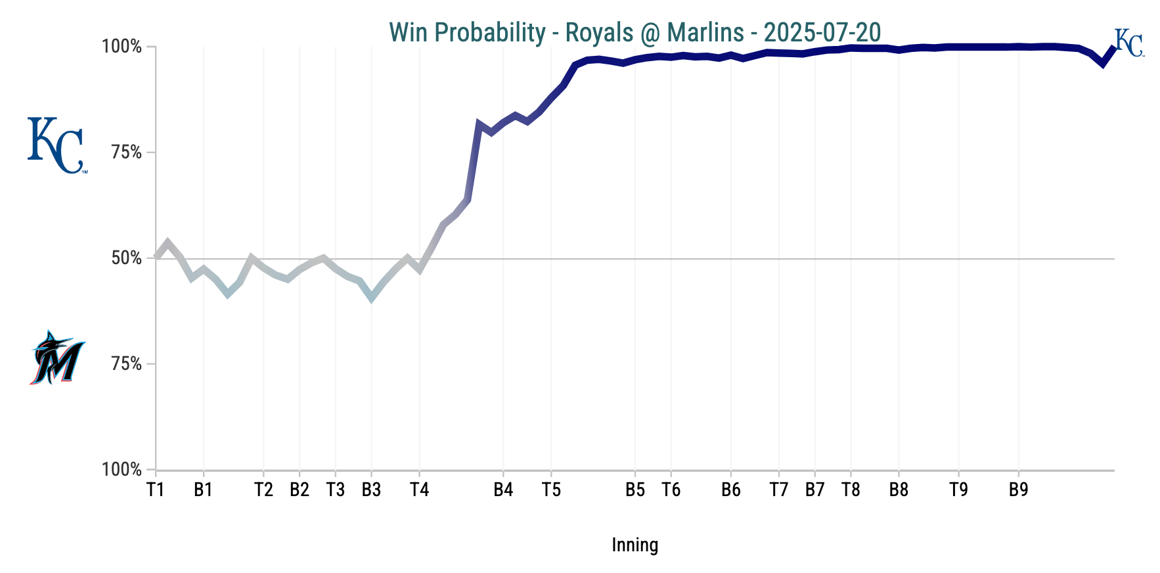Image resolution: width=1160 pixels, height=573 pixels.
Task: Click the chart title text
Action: (635, 32)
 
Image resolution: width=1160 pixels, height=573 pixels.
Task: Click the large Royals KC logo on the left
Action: (56, 145)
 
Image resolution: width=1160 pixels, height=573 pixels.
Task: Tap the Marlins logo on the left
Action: (57, 358)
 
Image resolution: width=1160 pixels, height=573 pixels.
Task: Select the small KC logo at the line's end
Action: (1129, 43)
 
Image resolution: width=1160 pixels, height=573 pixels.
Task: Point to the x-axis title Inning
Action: (635, 545)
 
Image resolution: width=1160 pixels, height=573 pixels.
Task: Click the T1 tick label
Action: (155, 490)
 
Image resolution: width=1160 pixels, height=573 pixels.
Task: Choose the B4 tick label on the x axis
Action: (503, 490)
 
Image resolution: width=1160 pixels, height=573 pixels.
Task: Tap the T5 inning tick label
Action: (551, 490)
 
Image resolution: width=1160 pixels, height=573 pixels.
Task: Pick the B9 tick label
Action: (1018, 490)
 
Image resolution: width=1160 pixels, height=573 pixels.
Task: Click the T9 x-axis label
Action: (958, 490)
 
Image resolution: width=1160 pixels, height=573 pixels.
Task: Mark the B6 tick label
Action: (730, 490)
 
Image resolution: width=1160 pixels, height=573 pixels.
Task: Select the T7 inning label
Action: (778, 490)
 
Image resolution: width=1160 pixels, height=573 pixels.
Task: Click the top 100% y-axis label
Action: (122, 47)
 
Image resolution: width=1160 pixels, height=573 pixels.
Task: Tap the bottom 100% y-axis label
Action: (122, 470)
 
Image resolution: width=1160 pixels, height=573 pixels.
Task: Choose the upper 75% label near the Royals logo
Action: (127, 152)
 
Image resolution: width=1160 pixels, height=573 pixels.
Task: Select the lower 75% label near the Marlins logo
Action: (127, 364)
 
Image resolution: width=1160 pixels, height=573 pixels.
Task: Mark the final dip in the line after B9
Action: (1103, 64)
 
